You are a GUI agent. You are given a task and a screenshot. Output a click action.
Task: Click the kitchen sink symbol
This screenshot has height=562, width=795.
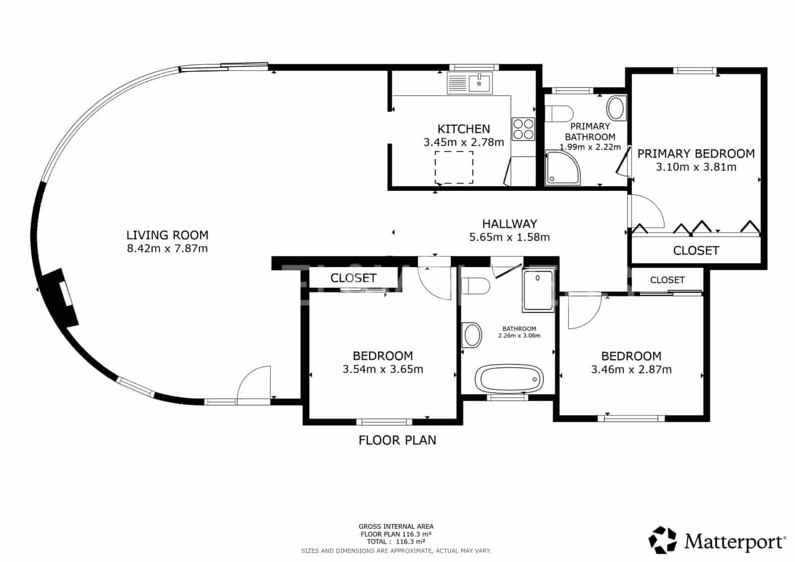(469, 83)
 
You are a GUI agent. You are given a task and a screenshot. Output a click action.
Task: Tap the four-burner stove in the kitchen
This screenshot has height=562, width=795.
(523, 129)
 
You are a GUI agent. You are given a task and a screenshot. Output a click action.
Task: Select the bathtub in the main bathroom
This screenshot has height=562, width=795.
(509, 379)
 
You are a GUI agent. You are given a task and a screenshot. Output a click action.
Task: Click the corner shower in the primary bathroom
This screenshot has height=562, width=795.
(561, 167)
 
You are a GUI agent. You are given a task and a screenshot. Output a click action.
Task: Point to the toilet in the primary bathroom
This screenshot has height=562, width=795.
(559, 113)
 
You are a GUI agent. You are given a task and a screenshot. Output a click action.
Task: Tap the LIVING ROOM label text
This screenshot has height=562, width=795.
(167, 235)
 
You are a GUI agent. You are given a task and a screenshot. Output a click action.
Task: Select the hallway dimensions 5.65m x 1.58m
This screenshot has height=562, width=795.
(509, 238)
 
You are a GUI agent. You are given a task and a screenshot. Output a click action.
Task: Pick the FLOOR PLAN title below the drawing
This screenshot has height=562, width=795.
(397, 440)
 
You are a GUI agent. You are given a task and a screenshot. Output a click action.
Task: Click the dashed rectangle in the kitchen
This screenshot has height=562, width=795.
(454, 167)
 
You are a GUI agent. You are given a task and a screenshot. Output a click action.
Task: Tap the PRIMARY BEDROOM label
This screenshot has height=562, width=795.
(696, 154)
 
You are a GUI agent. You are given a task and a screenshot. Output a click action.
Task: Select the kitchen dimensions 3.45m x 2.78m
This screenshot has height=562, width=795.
(464, 143)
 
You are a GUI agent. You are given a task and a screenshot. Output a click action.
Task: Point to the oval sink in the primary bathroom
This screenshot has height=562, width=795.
(617, 108)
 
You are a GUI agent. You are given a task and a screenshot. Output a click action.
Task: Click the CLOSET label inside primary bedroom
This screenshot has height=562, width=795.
(696, 250)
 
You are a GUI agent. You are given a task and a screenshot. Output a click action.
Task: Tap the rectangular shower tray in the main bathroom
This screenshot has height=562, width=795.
(538, 290)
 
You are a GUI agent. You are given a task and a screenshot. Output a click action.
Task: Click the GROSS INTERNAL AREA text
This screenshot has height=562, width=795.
(396, 526)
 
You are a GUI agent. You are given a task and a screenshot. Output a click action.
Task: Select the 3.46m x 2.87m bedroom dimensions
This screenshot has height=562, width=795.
(631, 370)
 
